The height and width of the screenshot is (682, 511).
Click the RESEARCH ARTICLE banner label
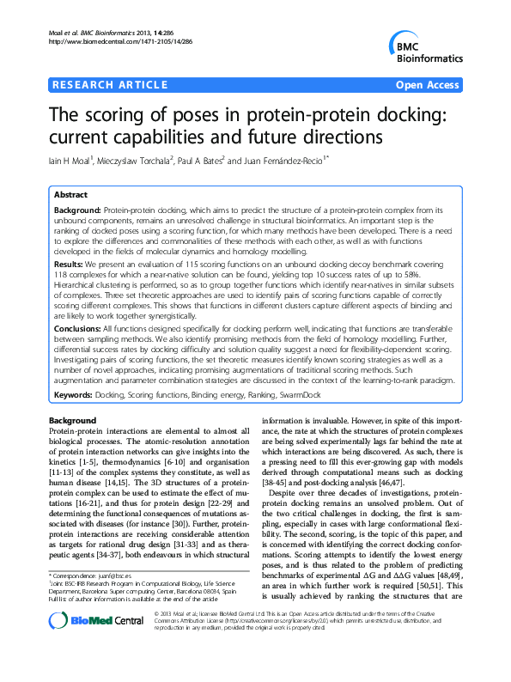coord(109,84)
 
